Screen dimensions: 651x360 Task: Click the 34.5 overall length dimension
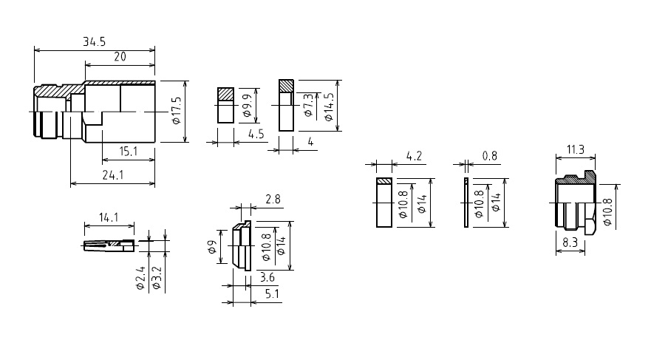point(95,41)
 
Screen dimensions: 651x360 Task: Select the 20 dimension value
point(120,57)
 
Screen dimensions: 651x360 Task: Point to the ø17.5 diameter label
point(176,110)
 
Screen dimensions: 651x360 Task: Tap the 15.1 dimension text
point(129,152)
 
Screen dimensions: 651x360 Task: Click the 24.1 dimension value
point(113,175)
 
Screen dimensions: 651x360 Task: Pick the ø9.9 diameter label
point(247,106)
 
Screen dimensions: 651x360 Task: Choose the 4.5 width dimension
point(256,134)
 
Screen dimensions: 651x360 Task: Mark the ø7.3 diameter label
point(308,105)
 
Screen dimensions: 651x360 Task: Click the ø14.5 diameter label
point(328,106)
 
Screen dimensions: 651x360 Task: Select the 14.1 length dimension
point(109,217)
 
